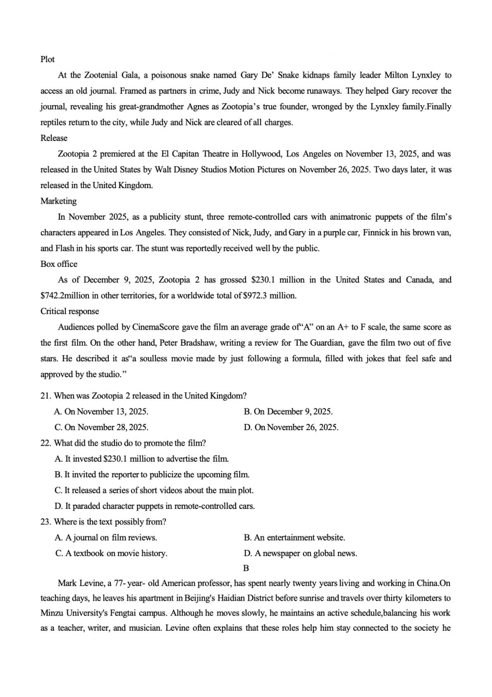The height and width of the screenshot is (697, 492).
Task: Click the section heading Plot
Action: (x=47, y=59)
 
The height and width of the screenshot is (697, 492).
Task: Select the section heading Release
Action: (x=54, y=138)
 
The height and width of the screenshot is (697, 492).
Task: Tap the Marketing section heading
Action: (x=59, y=201)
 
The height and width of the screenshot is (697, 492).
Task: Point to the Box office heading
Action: (x=59, y=264)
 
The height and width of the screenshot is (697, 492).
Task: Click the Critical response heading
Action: (x=69, y=311)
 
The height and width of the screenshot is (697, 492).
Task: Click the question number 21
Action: (x=45, y=395)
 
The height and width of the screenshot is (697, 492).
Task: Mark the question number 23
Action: (x=45, y=521)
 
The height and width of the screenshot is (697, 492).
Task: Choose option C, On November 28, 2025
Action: (x=102, y=427)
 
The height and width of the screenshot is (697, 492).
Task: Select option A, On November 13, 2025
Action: (x=102, y=411)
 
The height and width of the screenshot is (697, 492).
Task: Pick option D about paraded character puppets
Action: (x=155, y=506)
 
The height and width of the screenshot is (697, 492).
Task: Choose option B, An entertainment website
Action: (x=294, y=537)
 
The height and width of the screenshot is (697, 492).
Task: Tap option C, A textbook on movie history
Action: (x=111, y=553)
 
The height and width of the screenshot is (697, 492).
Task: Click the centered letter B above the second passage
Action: (x=246, y=568)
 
